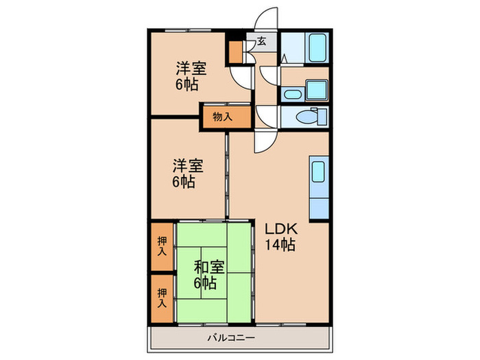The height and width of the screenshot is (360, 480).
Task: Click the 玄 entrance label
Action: [x=262, y=42]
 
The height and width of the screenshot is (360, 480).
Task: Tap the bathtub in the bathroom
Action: [x=317, y=47]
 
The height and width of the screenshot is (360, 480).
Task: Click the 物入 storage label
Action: [x=222, y=117]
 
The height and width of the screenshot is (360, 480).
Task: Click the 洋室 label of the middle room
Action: [x=187, y=166]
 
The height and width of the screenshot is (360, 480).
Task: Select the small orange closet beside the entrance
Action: [x=236, y=52]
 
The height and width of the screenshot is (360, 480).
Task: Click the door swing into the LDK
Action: [x=265, y=141]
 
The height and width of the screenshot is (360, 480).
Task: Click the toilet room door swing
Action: [x=269, y=117]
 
